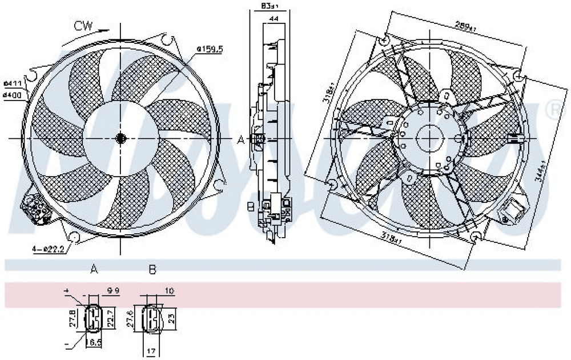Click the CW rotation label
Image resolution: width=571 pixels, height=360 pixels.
tap(83, 25)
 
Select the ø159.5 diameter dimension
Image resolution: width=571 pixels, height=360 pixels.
tap(210, 49)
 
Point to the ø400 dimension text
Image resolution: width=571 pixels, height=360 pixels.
tap(12, 95)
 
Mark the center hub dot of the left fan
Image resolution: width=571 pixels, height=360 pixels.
tap(121, 138)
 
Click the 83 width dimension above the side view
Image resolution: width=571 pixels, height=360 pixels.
tap(270, 6)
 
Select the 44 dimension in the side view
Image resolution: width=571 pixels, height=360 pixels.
tap(274, 19)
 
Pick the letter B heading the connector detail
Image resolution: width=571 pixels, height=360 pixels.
tap(152, 269)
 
